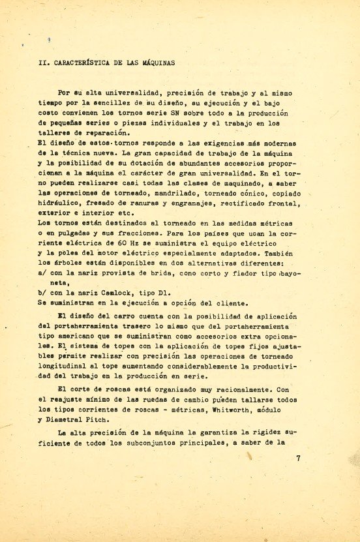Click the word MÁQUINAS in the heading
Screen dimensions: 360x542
coord(153,63)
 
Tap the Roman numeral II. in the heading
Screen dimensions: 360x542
coord(44,63)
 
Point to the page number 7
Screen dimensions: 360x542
coord(297,458)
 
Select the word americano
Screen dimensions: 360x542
coord(72,337)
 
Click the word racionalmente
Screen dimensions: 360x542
coord(230,389)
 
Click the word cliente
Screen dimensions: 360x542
coord(213,303)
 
